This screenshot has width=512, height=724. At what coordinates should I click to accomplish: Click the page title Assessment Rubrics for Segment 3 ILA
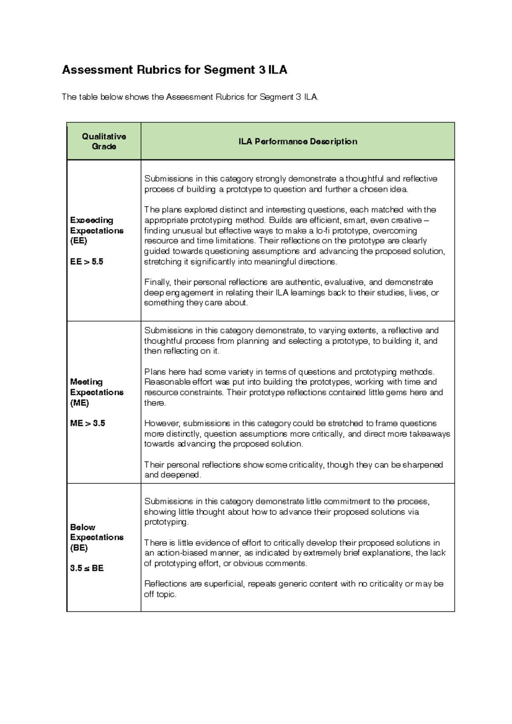coord(174,70)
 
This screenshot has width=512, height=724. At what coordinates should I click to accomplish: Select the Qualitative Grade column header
coord(104,141)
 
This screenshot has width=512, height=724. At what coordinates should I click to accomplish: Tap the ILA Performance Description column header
coord(297,142)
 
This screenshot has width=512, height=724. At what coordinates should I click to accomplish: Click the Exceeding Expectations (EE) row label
coord(96,230)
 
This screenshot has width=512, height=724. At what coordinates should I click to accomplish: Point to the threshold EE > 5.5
coord(87,262)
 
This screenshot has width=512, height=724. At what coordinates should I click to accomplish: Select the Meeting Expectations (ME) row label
coord(96,392)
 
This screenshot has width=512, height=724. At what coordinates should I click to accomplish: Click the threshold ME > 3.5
coord(87,423)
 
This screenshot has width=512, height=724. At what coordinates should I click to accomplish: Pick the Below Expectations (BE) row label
coord(96,537)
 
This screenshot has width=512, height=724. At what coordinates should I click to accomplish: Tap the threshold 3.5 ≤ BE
coord(87,568)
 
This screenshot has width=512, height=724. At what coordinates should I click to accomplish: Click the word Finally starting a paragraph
coord(157,282)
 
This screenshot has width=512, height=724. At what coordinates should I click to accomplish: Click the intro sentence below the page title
coord(190,97)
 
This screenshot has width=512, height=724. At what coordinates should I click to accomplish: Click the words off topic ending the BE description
coord(160,594)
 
